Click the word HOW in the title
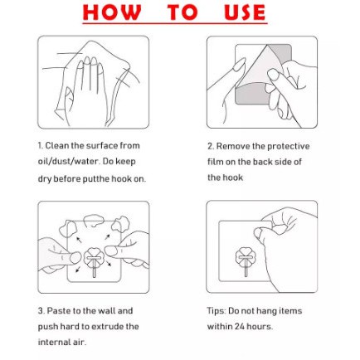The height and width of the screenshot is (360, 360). tap(111, 12)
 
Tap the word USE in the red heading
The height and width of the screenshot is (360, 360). tap(245, 12)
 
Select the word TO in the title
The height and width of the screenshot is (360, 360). tap(182, 12)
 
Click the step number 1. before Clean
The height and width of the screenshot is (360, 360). tap(41, 146)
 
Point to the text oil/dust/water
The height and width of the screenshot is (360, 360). tap(68, 162)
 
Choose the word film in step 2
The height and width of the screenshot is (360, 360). tap(215, 162)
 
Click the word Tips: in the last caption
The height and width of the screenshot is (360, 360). tap(216, 311)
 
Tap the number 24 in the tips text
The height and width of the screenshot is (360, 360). tap(240, 327)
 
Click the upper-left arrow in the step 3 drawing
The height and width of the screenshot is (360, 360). tap(79, 239)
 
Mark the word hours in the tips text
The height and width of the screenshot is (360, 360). tap(260, 327)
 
